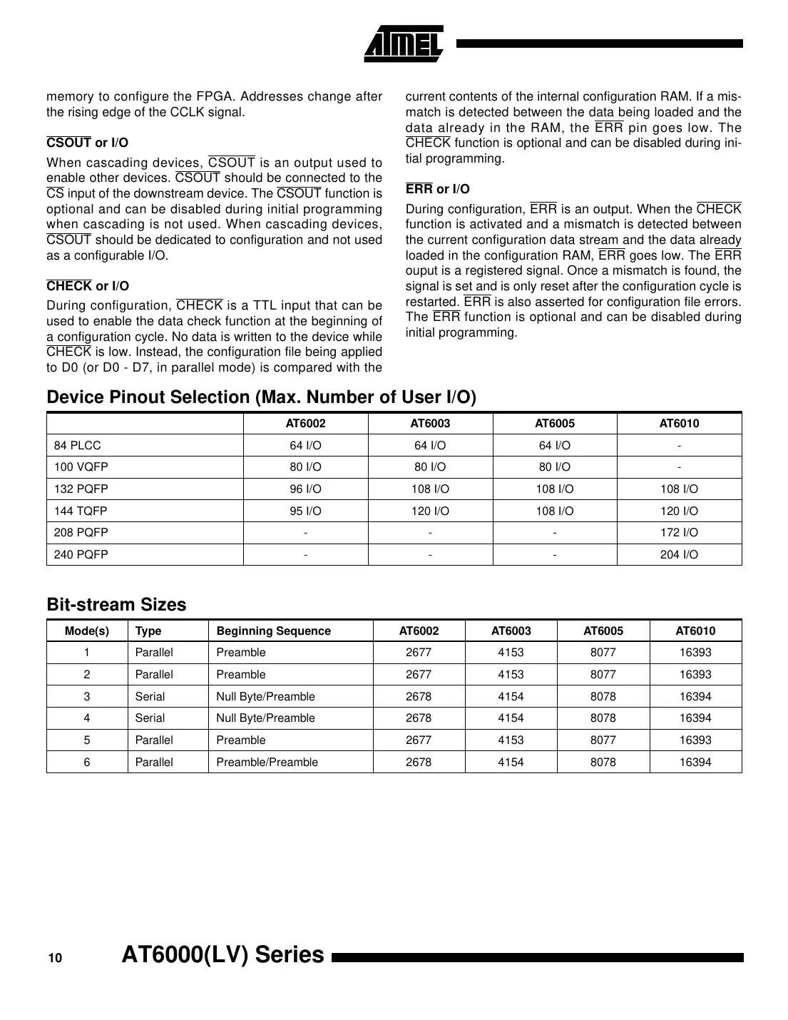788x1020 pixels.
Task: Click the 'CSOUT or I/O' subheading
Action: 87,143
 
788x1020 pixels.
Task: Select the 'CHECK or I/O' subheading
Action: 88,286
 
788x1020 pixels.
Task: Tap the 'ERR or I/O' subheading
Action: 437,189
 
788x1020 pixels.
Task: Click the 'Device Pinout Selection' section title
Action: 261,397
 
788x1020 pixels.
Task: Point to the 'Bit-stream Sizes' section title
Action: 116,604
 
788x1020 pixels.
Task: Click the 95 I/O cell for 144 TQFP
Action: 305,511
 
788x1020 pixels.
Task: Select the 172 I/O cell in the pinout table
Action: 679,532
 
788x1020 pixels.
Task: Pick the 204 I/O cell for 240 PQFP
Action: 679,554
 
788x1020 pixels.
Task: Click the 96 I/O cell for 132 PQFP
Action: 305,489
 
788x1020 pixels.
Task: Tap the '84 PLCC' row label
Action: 78,445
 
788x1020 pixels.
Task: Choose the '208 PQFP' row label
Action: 81,532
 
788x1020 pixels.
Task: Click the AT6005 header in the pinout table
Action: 554,423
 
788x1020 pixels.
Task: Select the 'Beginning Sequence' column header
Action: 273,631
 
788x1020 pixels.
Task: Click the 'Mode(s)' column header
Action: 87,631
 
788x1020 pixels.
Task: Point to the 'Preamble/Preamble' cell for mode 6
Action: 267,762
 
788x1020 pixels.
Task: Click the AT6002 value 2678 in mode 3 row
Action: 419,696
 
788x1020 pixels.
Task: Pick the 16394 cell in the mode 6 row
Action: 695,762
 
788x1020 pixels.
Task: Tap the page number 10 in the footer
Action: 55,958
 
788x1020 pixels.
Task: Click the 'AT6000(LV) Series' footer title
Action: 222,954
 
